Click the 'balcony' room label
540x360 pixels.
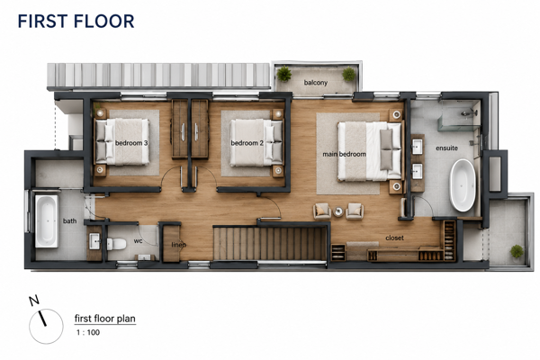tap(316, 83)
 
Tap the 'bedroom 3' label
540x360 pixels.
tap(131, 143)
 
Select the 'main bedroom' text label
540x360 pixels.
tap(344, 154)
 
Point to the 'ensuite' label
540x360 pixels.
tap(446, 148)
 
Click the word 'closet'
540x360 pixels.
tap(395, 238)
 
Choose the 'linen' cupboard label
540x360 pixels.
tap(179, 245)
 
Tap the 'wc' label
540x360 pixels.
tap(138, 241)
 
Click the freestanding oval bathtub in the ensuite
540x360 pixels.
tap(463, 185)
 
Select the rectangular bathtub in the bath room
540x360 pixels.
tap(47, 221)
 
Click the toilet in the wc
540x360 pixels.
tap(116, 244)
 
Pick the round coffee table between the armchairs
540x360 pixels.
tap(338, 211)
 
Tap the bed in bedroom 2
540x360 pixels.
tap(256, 142)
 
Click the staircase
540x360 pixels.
tap(270, 243)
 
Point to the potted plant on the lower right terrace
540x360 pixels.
tap(517, 251)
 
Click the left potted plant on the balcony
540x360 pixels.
tap(284, 74)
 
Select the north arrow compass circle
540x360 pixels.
tap(46, 326)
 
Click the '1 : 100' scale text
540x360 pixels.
tap(88, 332)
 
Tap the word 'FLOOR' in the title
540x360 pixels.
tap(103, 21)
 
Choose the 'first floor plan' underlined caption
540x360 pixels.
tap(105, 319)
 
